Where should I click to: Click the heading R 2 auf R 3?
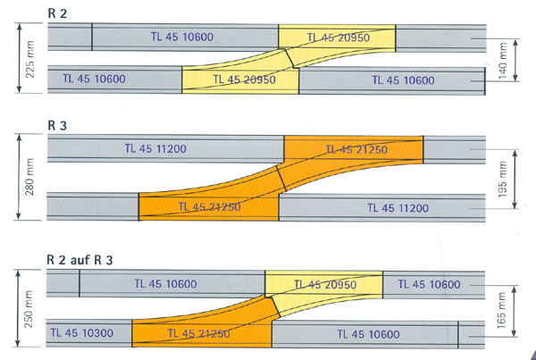(x=80, y=260)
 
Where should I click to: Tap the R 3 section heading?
(x=57, y=126)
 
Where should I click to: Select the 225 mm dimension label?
(x=29, y=59)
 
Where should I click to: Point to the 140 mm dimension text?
(x=502, y=61)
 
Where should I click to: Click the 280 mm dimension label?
(x=29, y=177)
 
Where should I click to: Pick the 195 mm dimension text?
(x=502, y=180)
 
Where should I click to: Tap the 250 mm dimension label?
(x=29, y=309)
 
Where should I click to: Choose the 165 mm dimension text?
(x=501, y=311)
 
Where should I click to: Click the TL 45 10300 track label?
(x=82, y=333)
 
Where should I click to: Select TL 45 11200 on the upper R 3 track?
(x=155, y=148)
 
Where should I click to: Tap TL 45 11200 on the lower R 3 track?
(x=398, y=208)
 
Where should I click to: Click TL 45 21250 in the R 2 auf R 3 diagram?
(x=198, y=333)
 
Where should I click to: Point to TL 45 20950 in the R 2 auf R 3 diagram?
(x=325, y=284)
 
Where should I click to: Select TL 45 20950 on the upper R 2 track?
(x=339, y=38)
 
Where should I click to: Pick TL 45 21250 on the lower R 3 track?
(x=210, y=207)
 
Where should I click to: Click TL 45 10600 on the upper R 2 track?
(x=182, y=37)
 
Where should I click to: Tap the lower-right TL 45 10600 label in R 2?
(x=404, y=80)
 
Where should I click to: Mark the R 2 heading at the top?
(x=57, y=13)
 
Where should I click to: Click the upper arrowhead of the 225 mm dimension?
(x=19, y=27)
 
